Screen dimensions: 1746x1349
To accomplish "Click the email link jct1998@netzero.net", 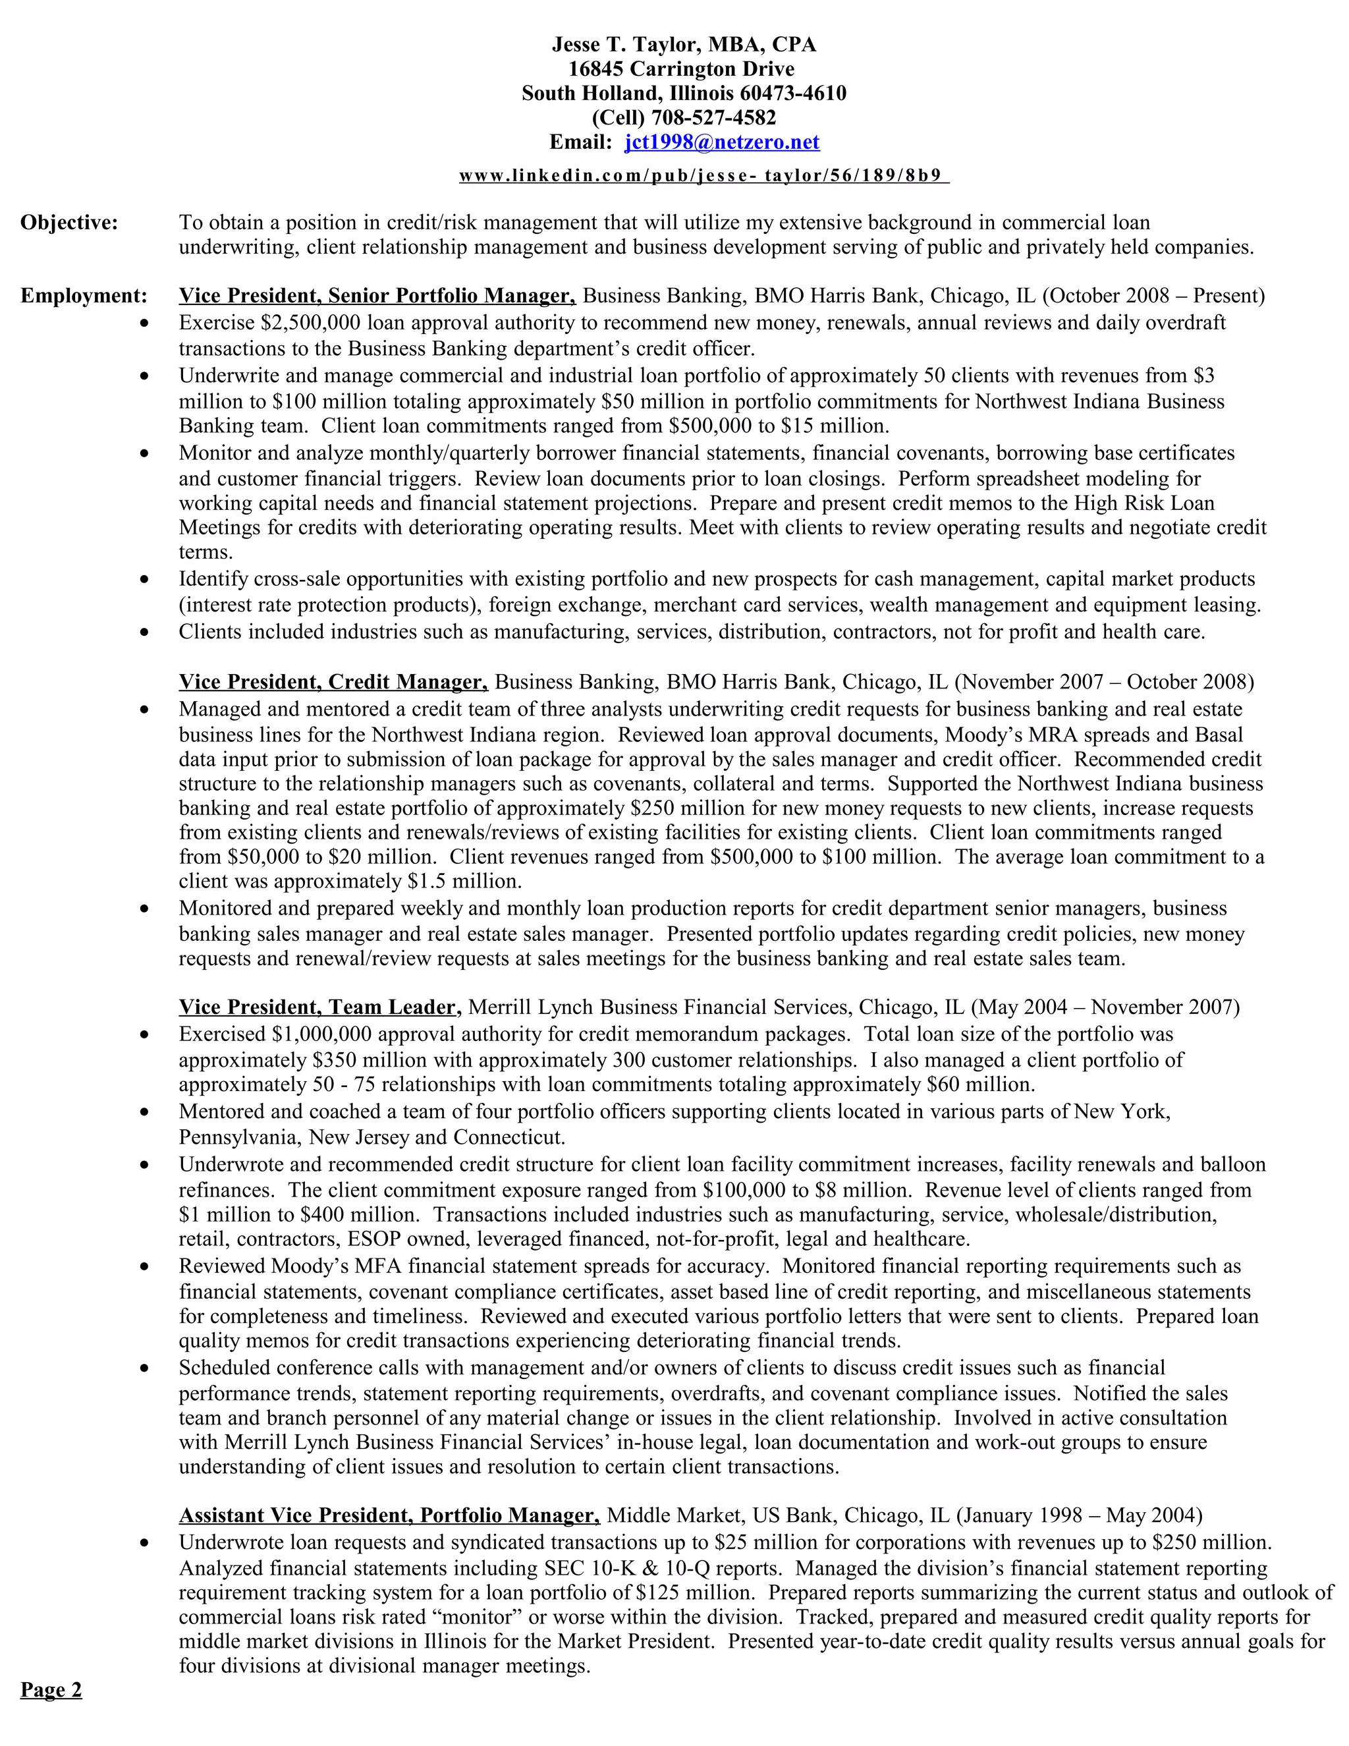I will [722, 142].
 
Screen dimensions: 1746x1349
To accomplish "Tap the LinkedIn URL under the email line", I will [703, 176].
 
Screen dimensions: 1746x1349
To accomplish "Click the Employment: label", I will [84, 296].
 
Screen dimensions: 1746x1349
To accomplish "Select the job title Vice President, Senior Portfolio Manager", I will [377, 296].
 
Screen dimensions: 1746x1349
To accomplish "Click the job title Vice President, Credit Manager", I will [333, 682].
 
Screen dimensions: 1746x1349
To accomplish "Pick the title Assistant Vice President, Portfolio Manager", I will [389, 1516].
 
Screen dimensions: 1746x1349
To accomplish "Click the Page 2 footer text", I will [51, 1690].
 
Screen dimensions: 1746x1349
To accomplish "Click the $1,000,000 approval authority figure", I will [321, 1034].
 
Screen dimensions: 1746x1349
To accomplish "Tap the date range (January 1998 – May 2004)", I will [1079, 1516].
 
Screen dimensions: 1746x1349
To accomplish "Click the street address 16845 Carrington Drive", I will [682, 70].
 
